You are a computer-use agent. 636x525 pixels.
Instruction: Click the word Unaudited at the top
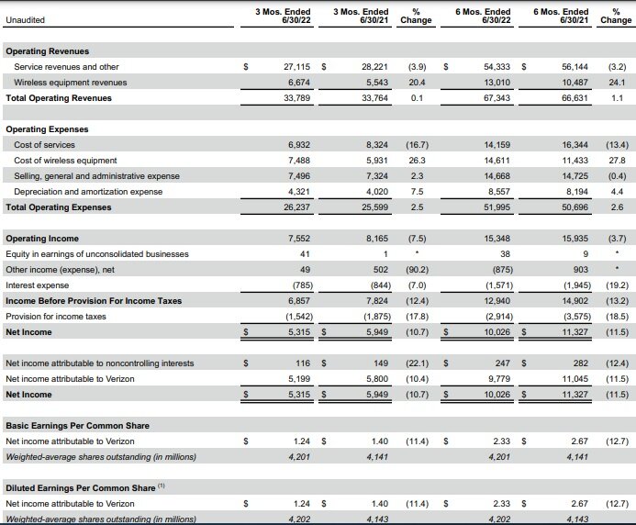tap(25, 18)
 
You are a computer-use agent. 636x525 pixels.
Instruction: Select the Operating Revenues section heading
tap(48, 51)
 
